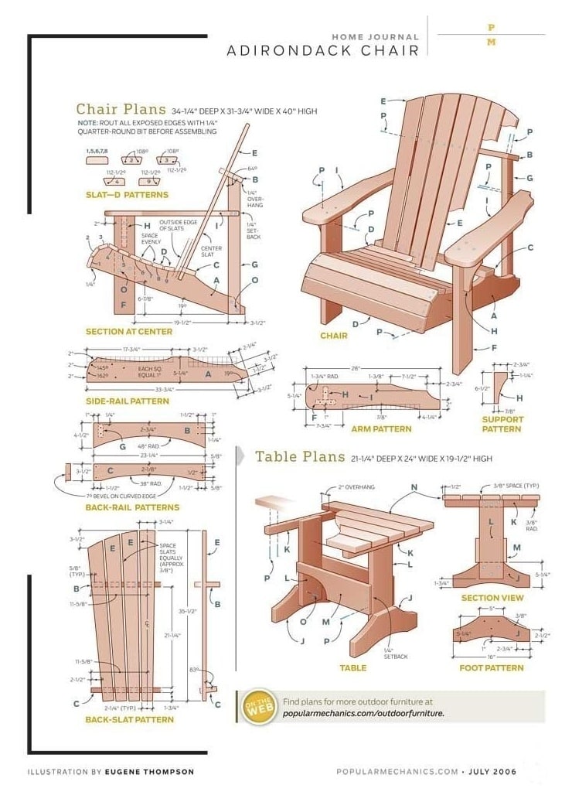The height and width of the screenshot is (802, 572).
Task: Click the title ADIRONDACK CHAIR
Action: [323, 51]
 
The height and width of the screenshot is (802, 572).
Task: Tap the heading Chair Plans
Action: [121, 109]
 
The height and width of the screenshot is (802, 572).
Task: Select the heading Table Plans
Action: [300, 456]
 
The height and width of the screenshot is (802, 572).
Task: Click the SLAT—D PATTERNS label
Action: [127, 195]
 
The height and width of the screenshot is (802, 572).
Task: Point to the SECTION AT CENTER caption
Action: [128, 332]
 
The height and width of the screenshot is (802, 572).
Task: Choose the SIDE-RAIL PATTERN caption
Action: [127, 401]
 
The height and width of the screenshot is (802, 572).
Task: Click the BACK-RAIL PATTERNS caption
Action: [132, 507]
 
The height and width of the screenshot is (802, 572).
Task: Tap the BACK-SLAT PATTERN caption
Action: [129, 719]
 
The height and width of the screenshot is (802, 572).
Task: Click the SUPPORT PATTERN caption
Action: [502, 424]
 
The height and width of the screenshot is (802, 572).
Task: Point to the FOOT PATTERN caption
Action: [492, 667]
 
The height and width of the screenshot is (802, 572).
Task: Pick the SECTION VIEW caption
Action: [492, 598]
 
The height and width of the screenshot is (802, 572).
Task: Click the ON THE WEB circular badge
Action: [258, 707]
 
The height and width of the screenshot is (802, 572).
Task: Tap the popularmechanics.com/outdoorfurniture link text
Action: [363, 713]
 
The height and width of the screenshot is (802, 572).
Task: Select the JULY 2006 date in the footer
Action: [492, 771]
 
